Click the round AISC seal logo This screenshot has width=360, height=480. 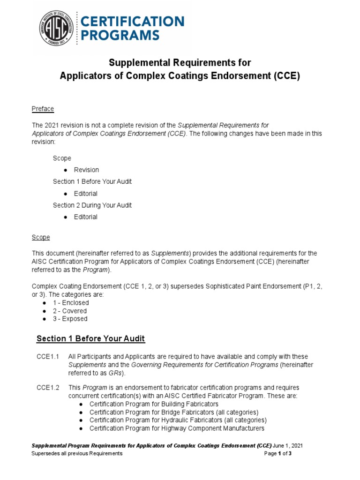(57, 28)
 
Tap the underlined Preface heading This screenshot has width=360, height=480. (43, 109)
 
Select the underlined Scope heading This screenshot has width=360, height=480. (41, 237)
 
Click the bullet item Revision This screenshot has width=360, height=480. (86, 170)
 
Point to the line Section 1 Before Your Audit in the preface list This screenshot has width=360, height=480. (92, 181)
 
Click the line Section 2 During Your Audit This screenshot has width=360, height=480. (92, 205)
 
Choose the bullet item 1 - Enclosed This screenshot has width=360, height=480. (70, 303)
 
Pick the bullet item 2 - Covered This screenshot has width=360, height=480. (69, 311)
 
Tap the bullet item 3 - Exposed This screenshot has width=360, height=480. (70, 319)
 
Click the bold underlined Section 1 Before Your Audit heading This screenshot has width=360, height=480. (90, 338)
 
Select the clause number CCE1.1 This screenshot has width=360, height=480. (48, 357)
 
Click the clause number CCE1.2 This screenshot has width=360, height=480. (48, 388)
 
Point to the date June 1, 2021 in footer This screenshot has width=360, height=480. (292, 445)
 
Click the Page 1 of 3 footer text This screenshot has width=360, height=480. (278, 453)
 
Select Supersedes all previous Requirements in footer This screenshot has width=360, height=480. (77, 453)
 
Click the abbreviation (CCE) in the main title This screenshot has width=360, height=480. (287, 76)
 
